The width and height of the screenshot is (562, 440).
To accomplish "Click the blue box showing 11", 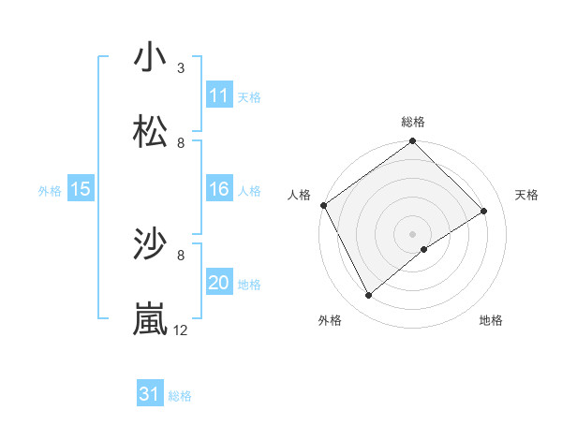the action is (x=218, y=95).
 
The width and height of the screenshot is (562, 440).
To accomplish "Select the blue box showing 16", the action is (x=218, y=190).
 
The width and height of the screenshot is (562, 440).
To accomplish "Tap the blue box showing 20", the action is (x=218, y=284).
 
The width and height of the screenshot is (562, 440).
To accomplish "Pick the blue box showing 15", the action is (x=81, y=190).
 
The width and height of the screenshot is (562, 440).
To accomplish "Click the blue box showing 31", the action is (x=149, y=395).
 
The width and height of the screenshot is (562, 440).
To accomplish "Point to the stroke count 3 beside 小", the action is (x=181, y=67).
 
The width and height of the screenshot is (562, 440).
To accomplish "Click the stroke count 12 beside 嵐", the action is (x=181, y=330).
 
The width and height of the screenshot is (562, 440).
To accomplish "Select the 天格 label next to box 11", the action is (x=249, y=96).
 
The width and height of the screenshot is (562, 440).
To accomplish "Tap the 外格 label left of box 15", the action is (x=50, y=191).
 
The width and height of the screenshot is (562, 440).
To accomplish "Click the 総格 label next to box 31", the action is (x=180, y=396).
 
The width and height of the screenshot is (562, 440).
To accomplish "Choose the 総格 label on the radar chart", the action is (x=413, y=122).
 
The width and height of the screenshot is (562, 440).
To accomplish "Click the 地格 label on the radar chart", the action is (x=491, y=320).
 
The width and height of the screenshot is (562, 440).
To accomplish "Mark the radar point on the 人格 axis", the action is (x=323, y=205).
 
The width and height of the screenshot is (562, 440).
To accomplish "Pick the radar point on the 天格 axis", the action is (x=484, y=212).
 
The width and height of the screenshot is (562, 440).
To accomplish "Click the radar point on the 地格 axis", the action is (x=424, y=249).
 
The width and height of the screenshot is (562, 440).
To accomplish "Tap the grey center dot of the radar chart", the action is (x=412, y=233).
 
